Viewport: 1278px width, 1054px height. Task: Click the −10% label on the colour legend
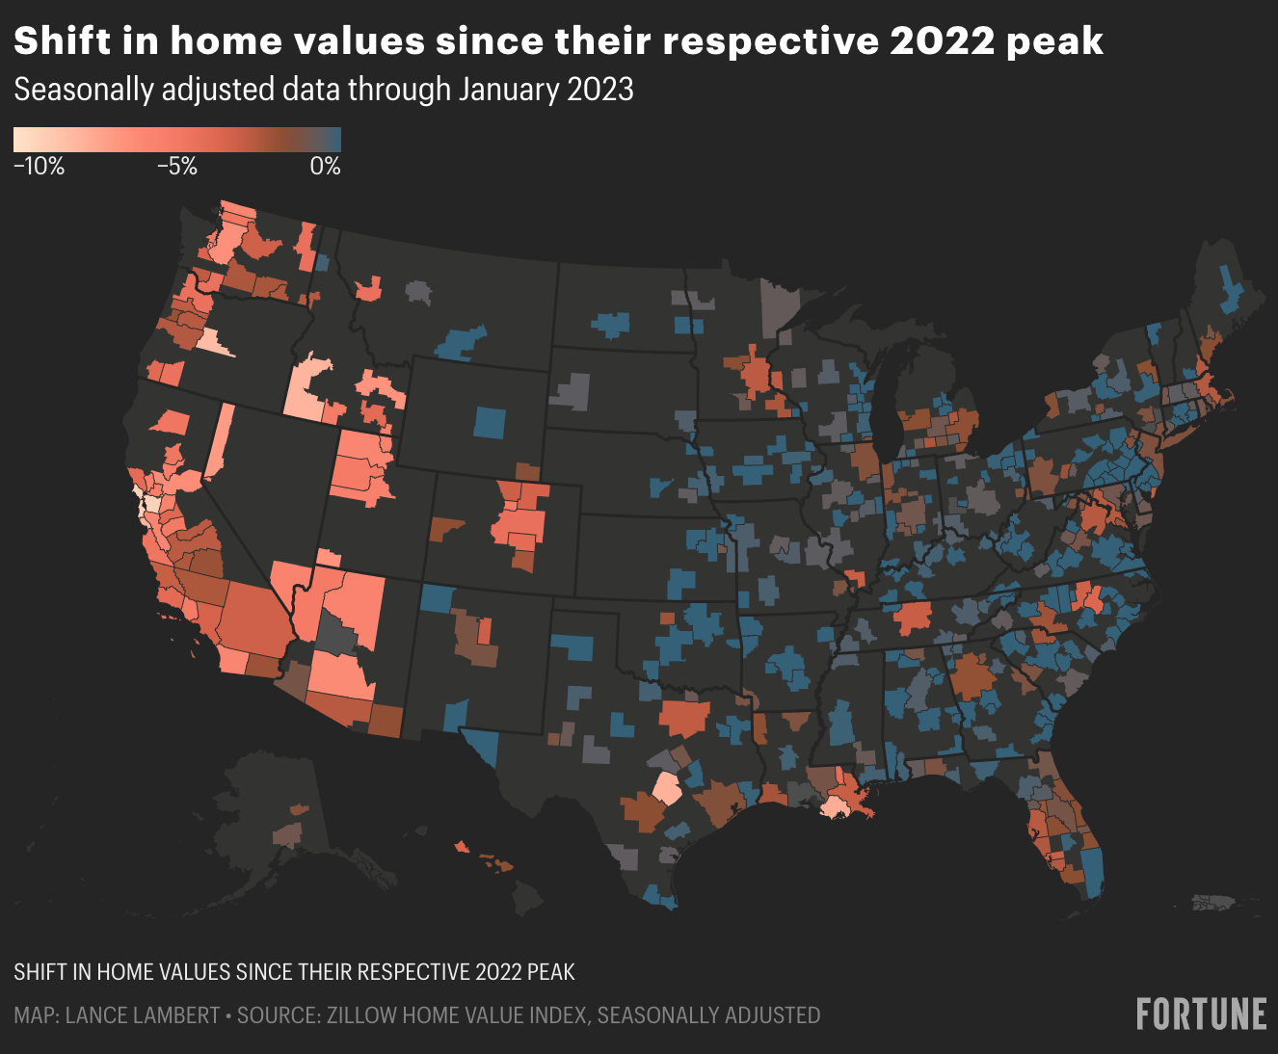point(40,167)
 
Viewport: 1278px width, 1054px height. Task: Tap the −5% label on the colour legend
point(177,167)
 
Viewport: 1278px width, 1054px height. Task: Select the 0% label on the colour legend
point(325,167)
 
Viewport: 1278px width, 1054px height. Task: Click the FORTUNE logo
point(1201,1014)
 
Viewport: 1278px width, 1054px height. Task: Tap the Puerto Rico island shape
point(1213,903)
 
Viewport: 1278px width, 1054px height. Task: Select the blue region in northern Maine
point(1231,289)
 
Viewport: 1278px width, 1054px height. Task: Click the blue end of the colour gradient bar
point(335,141)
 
